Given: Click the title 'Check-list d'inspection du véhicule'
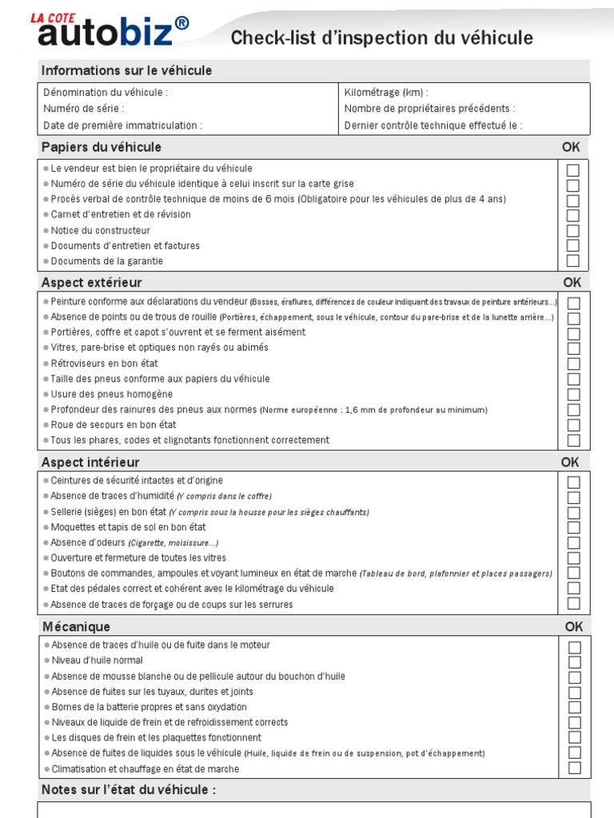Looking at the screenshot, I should [381, 38].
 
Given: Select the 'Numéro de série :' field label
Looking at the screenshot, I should [84, 109].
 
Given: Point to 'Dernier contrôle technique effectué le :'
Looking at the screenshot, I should [433, 125].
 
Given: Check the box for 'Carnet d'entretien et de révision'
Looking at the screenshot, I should [573, 215].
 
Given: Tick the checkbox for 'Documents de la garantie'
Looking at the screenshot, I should [573, 261].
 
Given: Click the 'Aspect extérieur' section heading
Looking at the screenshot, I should [91, 283].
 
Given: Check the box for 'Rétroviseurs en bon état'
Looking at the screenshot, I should [573, 364].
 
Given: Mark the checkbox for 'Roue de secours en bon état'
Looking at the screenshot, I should [573, 426].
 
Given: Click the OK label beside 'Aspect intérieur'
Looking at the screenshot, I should [570, 463].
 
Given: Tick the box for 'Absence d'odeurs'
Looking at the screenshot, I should [573, 543].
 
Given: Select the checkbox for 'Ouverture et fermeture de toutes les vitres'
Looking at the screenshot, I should [573, 558].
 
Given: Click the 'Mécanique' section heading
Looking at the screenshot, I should [76, 627].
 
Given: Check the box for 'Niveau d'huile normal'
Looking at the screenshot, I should [574, 661].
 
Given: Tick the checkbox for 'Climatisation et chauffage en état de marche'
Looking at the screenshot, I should [574, 768].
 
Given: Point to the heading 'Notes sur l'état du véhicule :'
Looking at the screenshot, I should [129, 790].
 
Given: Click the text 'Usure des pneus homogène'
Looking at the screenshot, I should [111, 395].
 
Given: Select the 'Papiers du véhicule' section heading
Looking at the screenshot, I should [101, 148].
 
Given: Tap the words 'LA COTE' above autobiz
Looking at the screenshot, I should [54, 16].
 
